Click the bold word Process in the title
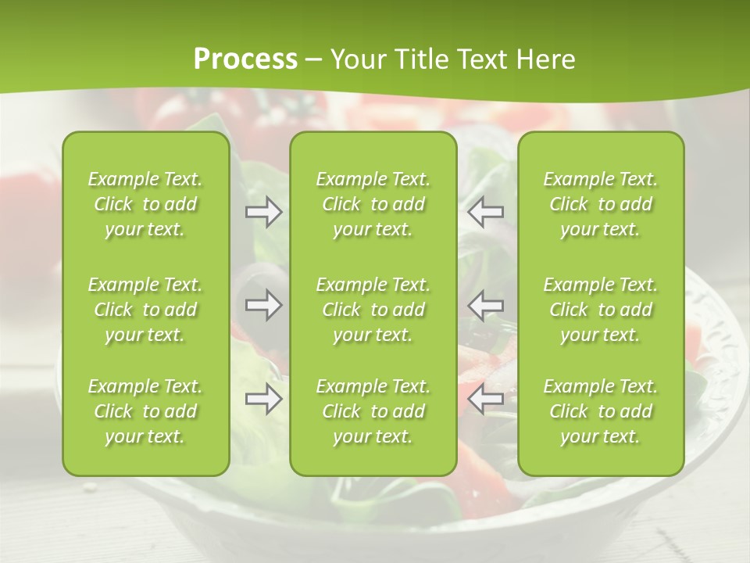click(x=245, y=59)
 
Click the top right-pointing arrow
click(x=264, y=212)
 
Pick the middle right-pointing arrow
click(x=264, y=305)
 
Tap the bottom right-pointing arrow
click(x=264, y=400)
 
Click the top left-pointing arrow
click(x=486, y=212)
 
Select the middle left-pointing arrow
click(x=486, y=305)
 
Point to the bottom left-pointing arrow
click(x=486, y=400)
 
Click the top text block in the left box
click(x=145, y=204)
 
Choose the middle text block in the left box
click(x=145, y=310)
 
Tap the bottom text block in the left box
click(x=145, y=411)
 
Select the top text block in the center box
click(x=373, y=204)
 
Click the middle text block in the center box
click(x=373, y=310)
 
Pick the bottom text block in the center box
click(x=373, y=411)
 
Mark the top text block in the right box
click(x=601, y=204)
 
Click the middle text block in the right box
click(x=601, y=310)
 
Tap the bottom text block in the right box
click(x=601, y=411)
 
